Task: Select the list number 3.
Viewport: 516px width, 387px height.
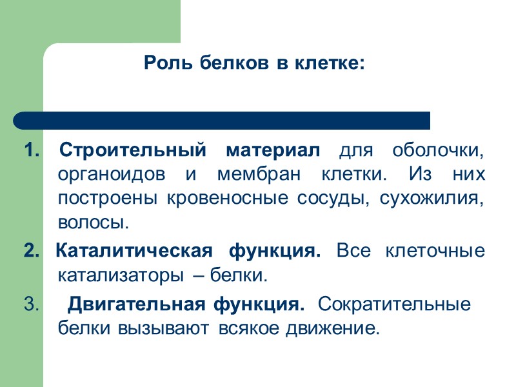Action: (x=30, y=303)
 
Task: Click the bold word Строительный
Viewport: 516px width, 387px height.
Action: (x=133, y=152)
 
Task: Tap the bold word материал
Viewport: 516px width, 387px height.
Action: (x=273, y=152)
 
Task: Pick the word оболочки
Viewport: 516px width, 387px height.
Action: (x=438, y=152)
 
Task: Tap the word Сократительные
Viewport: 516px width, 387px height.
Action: (x=394, y=303)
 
